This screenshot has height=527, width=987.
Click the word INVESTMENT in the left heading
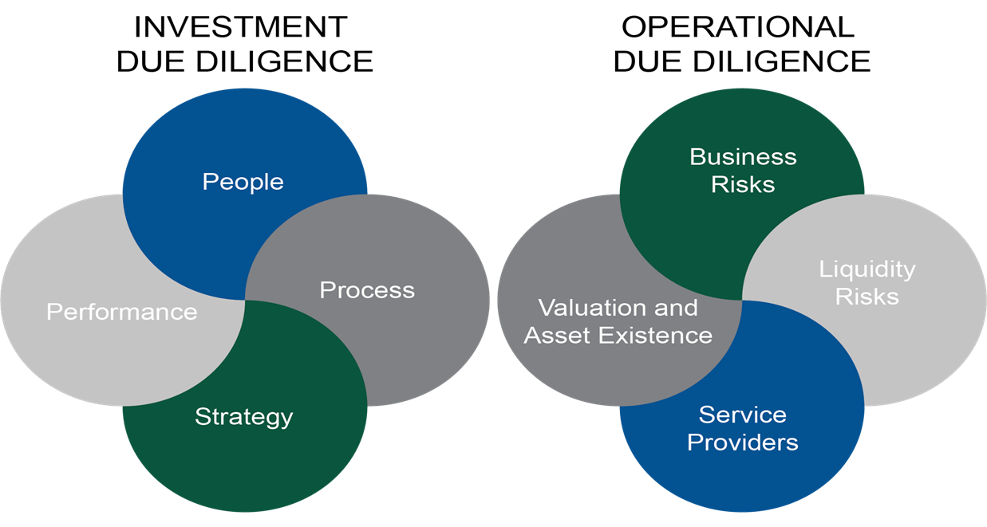241,27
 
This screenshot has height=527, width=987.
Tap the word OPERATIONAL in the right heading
738,27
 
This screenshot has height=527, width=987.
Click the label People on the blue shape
243,182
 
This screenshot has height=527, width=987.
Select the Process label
367,290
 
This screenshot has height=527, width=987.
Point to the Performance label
121,312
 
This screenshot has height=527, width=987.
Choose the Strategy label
243,417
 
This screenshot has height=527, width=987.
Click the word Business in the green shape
743,157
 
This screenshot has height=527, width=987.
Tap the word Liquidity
867,269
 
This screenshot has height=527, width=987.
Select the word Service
743,415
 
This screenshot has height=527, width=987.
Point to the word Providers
743,442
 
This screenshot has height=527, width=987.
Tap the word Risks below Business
743,184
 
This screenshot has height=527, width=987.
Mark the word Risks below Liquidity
867,297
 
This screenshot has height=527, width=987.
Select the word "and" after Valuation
676,308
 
